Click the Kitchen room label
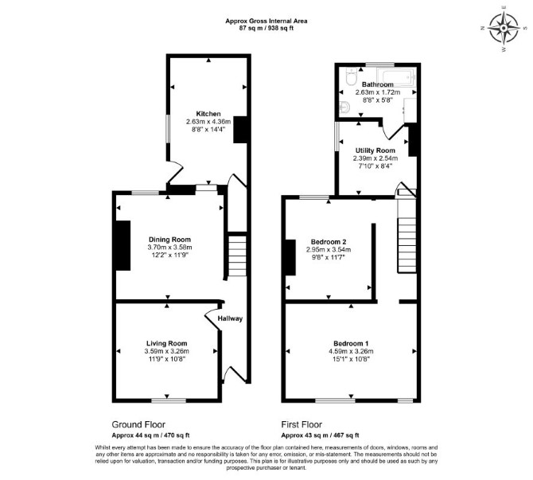tap(208, 114)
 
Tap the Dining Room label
tap(169, 240)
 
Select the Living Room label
tap(166, 344)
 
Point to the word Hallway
tap(230, 318)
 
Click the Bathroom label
tap(377, 84)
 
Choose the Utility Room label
tap(375, 150)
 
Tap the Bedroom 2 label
tap(329, 242)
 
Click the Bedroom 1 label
tap(351, 344)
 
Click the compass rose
tap(504, 28)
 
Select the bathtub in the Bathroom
tap(396, 77)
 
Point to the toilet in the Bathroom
tap(351, 77)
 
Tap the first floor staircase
tap(407, 244)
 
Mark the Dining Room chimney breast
tap(123, 246)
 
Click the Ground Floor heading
tap(138, 424)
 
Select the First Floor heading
tap(302, 424)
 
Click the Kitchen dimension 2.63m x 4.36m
tap(208, 122)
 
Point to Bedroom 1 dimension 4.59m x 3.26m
tap(351, 351)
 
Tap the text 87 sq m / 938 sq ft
tap(266, 28)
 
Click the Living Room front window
tap(169, 400)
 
